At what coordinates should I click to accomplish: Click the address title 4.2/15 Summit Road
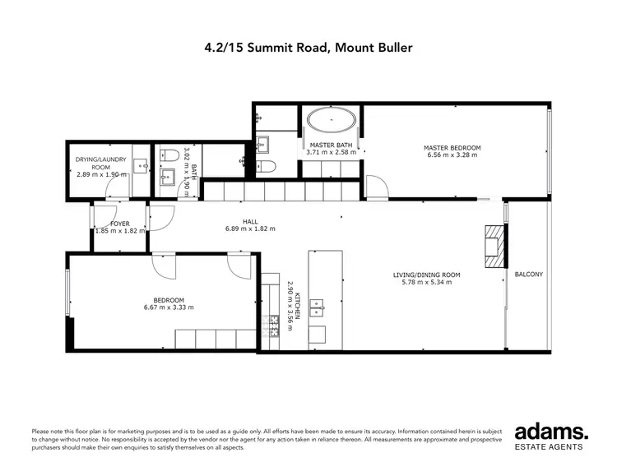coord(308,48)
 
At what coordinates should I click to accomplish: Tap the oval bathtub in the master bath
coord(332,122)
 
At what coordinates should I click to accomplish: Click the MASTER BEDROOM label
coord(453,148)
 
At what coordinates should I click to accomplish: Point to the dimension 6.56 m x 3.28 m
coord(453,155)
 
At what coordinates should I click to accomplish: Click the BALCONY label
coord(528,275)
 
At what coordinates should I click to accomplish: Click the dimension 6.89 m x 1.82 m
coord(250,229)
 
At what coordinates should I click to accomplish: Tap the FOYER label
coord(120,224)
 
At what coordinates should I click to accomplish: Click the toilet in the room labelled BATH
coord(170,154)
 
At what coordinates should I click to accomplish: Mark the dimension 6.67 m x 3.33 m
coord(168,307)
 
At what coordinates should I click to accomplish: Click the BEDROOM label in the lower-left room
coord(168,300)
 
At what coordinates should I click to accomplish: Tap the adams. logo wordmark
coord(550,432)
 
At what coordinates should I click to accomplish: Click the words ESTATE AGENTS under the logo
coord(550,447)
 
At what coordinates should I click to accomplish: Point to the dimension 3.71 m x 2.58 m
coord(332,152)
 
